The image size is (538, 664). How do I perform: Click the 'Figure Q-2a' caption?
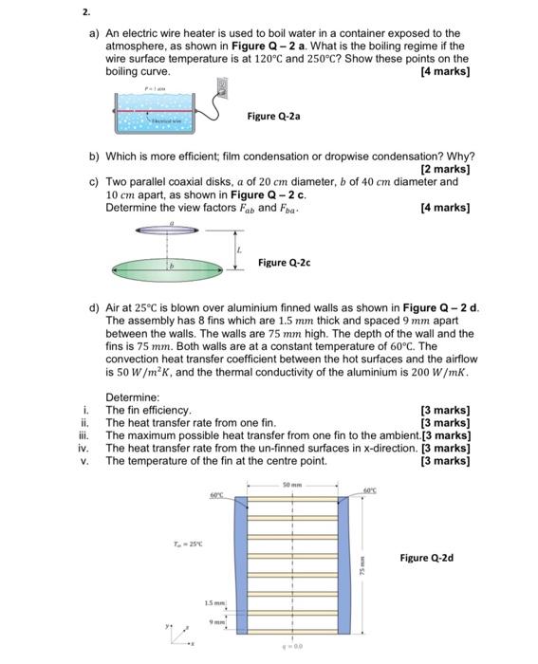(x=274, y=116)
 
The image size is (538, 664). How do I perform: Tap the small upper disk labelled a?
(x=170, y=231)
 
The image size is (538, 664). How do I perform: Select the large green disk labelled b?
(x=171, y=268)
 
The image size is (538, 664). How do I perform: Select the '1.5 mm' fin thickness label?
(x=213, y=603)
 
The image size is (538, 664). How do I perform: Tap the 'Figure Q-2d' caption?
(x=426, y=558)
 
